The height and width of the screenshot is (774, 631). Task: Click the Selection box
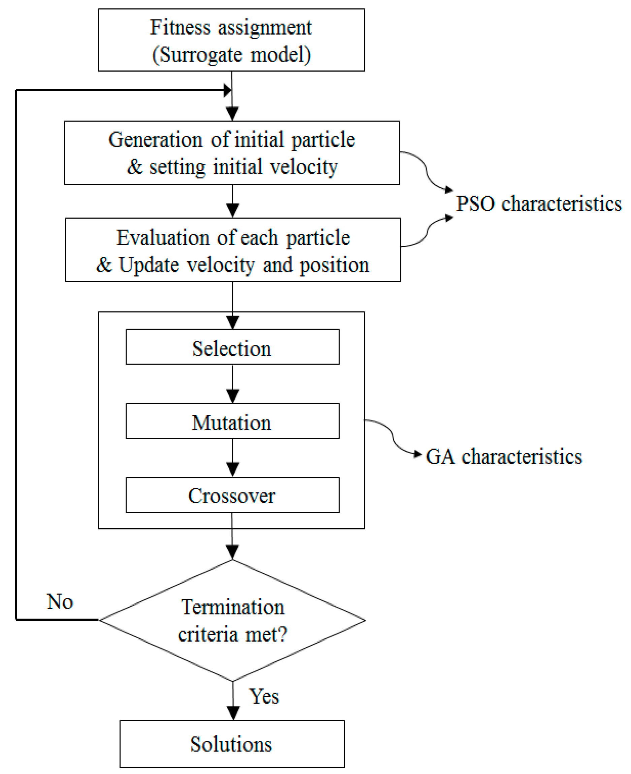coord(232,347)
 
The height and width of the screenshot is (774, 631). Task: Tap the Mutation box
coord(232,421)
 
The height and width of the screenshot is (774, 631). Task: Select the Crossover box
coord(232,495)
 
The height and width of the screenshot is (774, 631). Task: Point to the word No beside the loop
coord(60,601)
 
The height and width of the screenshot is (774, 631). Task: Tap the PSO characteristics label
coord(539,203)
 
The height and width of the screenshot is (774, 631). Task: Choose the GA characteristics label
coord(504,457)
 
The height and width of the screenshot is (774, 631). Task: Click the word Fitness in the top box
coord(180,27)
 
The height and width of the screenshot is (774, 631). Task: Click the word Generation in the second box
coord(156,139)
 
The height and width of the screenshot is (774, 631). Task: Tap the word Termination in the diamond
coord(233,607)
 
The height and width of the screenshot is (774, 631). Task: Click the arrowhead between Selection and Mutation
coord(233,396)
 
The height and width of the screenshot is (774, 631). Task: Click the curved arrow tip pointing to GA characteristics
coord(418,454)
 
